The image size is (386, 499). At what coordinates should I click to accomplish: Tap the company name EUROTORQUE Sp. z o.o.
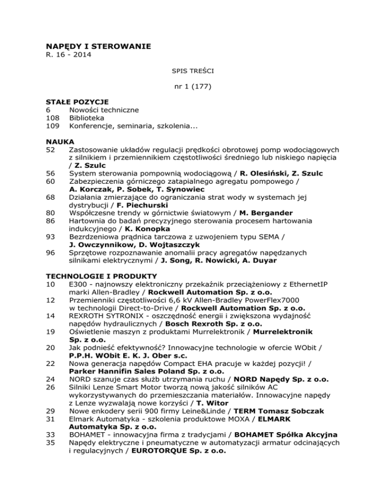pos(178,451)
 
